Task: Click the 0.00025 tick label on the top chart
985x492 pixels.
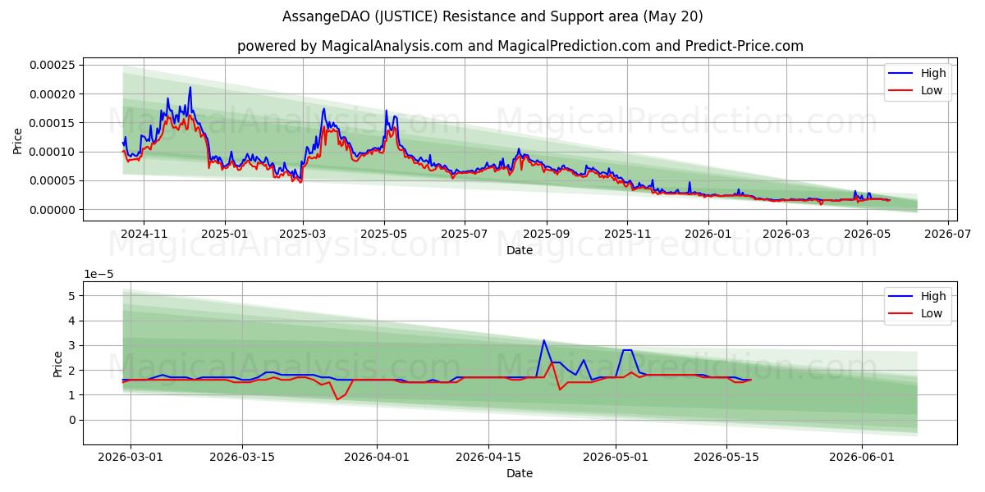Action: pos(53,65)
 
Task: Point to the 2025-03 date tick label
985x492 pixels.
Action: pos(303,234)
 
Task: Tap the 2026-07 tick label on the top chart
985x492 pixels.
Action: pos(947,234)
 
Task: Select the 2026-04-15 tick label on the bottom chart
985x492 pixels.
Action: pos(488,457)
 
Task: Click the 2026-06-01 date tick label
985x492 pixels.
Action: pos(861,457)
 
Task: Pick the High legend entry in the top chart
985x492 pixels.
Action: pos(917,73)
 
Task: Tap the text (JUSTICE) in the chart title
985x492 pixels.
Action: pos(407,16)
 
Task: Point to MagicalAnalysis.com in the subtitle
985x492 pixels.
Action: pos(392,46)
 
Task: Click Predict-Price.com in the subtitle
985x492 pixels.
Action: pos(744,46)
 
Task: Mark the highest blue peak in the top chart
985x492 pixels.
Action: pos(190,87)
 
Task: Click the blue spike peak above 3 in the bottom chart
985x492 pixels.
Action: pos(544,340)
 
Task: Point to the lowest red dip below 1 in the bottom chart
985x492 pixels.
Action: pos(337,399)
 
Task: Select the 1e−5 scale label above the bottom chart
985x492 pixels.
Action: pos(98,274)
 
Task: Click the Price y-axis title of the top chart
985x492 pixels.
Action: pos(17,141)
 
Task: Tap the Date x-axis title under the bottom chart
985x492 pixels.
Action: pos(520,473)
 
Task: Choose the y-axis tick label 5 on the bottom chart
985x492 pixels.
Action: pos(71,296)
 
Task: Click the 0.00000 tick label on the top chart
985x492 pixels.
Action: pos(53,210)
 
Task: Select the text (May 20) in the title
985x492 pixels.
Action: pos(673,16)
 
